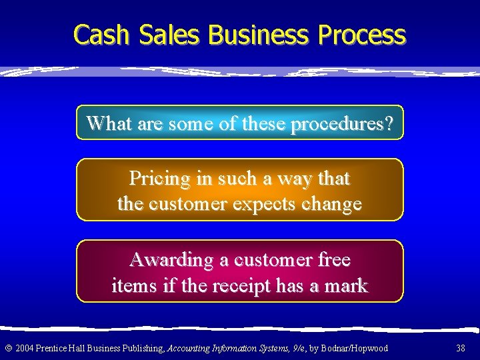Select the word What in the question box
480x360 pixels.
tap(109, 123)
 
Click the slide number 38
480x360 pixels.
tap(461, 348)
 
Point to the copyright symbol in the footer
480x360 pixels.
tap(8, 348)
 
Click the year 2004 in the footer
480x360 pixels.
tap(24, 348)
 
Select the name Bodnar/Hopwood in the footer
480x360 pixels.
tap(359, 348)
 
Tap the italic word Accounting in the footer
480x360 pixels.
tap(189, 348)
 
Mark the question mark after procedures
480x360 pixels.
tap(389, 123)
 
